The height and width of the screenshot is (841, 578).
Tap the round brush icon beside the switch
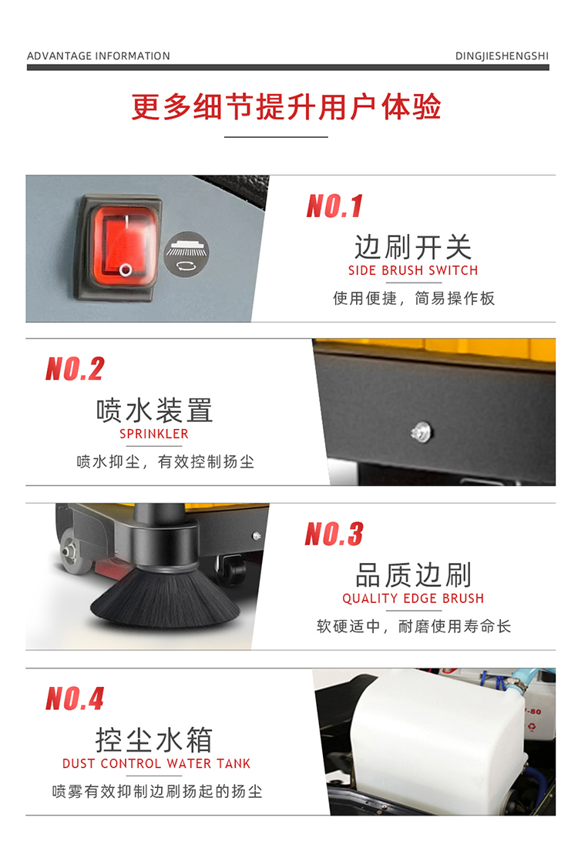point(187,253)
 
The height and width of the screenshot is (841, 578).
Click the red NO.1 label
point(334,206)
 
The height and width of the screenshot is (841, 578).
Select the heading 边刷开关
point(413,247)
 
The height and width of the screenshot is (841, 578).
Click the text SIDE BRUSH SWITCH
point(413,270)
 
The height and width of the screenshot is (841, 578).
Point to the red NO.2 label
point(75,370)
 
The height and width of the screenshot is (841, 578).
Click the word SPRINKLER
point(154,434)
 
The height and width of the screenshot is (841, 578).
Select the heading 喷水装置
point(154,410)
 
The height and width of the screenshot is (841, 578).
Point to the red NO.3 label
point(334,534)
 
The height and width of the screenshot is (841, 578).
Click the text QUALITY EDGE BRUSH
point(413,598)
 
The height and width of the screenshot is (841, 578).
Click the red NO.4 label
point(75,699)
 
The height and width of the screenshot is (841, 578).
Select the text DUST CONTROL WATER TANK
point(156,764)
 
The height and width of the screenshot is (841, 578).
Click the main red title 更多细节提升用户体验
point(286,107)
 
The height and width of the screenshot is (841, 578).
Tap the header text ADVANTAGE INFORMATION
point(99,56)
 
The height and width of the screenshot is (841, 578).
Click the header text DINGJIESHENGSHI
point(502,56)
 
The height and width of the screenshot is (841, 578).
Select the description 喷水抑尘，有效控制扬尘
point(165,462)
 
